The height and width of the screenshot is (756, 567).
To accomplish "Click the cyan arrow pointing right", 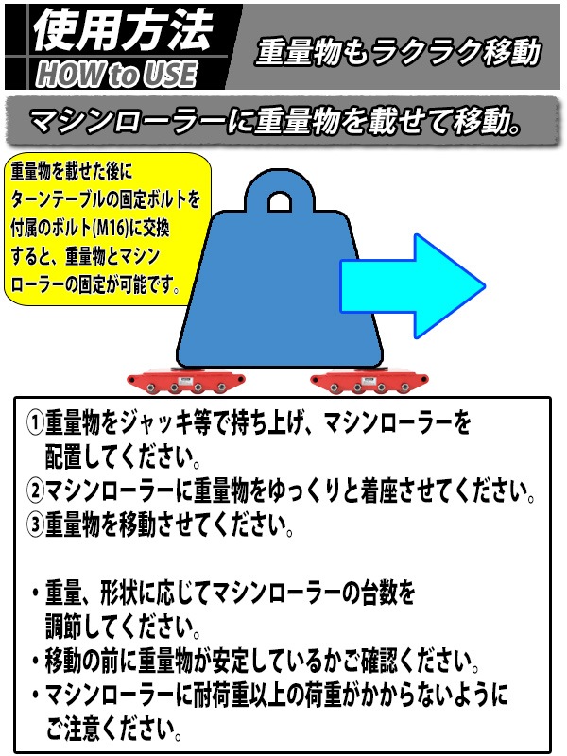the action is point(413,286).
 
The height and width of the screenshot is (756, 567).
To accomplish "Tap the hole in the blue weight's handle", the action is point(279,202).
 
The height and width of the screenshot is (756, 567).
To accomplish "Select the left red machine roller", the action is point(186,381).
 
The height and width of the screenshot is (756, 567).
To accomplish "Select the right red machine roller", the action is point(369,381).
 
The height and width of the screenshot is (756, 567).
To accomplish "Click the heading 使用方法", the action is point(122,30).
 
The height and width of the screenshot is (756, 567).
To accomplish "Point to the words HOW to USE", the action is point(116,75).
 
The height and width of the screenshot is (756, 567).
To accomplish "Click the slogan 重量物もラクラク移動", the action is point(398,52).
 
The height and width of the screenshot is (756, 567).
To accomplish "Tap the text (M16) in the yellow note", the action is point(111,228).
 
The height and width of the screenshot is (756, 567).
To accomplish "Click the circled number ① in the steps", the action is point(35,422).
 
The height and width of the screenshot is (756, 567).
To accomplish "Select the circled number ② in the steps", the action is point(35,490).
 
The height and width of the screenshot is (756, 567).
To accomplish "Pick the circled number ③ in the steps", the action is point(35,524).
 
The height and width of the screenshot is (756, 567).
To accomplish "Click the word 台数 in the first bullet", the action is point(377,593).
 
